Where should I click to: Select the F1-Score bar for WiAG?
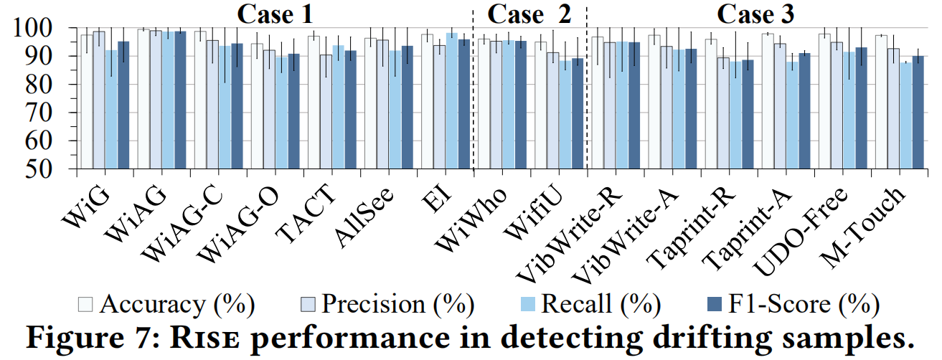[180, 100]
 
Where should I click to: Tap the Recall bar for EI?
[451, 100]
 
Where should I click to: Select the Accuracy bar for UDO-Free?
[824, 101]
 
